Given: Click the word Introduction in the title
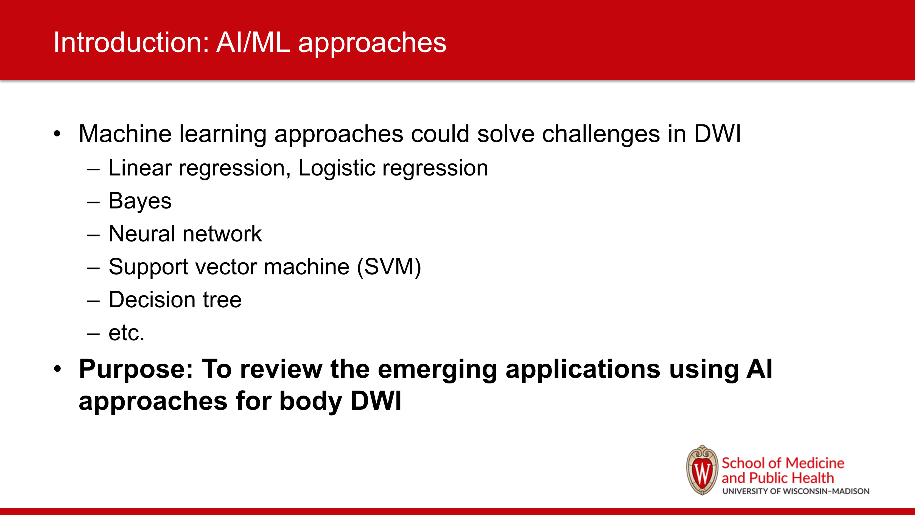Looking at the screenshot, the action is [131, 42].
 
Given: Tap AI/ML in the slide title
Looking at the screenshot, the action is [253, 42].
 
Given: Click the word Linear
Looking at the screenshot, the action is [140, 168].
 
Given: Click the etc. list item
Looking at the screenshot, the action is [127, 333].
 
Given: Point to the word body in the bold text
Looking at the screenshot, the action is [311, 401].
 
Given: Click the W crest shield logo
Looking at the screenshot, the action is [702, 470].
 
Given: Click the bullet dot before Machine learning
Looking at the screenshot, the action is [57, 134].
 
